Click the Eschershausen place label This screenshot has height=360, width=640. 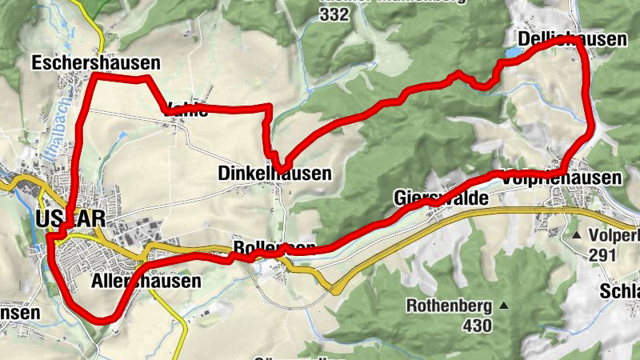[95, 62]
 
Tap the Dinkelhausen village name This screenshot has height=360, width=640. [274, 173]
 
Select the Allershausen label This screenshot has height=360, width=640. [146, 282]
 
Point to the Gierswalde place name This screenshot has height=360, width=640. [441, 198]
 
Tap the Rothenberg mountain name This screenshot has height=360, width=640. [448, 306]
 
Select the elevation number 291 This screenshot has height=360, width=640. [601, 255]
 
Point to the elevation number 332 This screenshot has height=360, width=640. [334, 15]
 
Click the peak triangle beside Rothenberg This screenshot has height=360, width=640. [504, 305]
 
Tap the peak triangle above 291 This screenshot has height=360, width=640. [576, 236]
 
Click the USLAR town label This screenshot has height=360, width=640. [70, 219]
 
